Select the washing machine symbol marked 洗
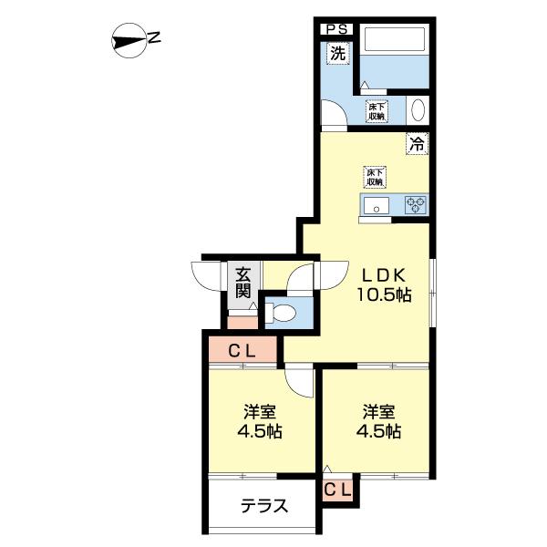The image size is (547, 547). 337,54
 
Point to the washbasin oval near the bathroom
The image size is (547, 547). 418,111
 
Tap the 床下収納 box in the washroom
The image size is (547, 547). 376,111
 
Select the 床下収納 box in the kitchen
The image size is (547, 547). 375,176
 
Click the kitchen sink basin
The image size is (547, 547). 376,205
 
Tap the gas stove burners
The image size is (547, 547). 417,205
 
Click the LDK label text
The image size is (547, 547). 383,274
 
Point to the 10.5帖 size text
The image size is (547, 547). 383,295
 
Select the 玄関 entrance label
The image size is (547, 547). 243,282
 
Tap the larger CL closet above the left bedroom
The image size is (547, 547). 241,348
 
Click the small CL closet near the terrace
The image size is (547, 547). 337,490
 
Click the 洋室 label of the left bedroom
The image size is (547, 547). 260,410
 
